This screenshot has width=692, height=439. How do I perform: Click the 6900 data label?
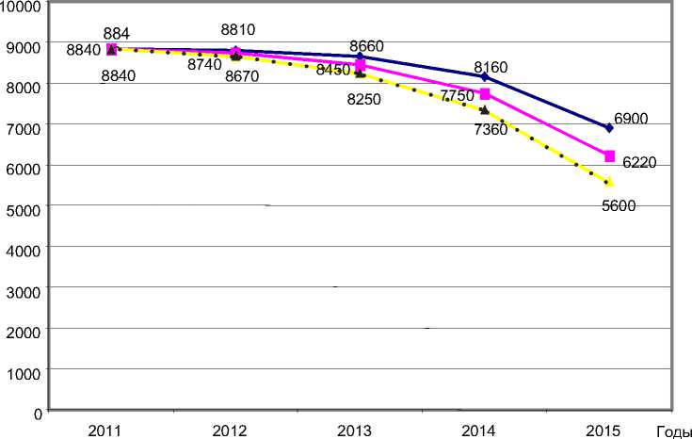[632, 120]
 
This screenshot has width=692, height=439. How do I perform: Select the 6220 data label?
[636, 163]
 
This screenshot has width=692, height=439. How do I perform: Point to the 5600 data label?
[619, 206]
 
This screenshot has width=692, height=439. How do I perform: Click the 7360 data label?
[491, 130]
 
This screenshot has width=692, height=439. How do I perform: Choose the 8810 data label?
[239, 29]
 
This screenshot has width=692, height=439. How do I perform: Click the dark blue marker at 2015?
[609, 127]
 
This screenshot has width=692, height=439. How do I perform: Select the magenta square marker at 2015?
[609, 155]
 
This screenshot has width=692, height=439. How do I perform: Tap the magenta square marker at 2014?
[485, 94]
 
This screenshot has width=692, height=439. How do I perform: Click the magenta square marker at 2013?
[361, 65]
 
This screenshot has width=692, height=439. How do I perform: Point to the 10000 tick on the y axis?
[22, 6]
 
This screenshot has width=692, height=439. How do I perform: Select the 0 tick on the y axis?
[38, 414]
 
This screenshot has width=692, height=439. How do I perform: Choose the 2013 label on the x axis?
[354, 431]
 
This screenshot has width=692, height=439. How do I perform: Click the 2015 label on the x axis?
[603, 431]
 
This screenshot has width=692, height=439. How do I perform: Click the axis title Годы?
[669, 431]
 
